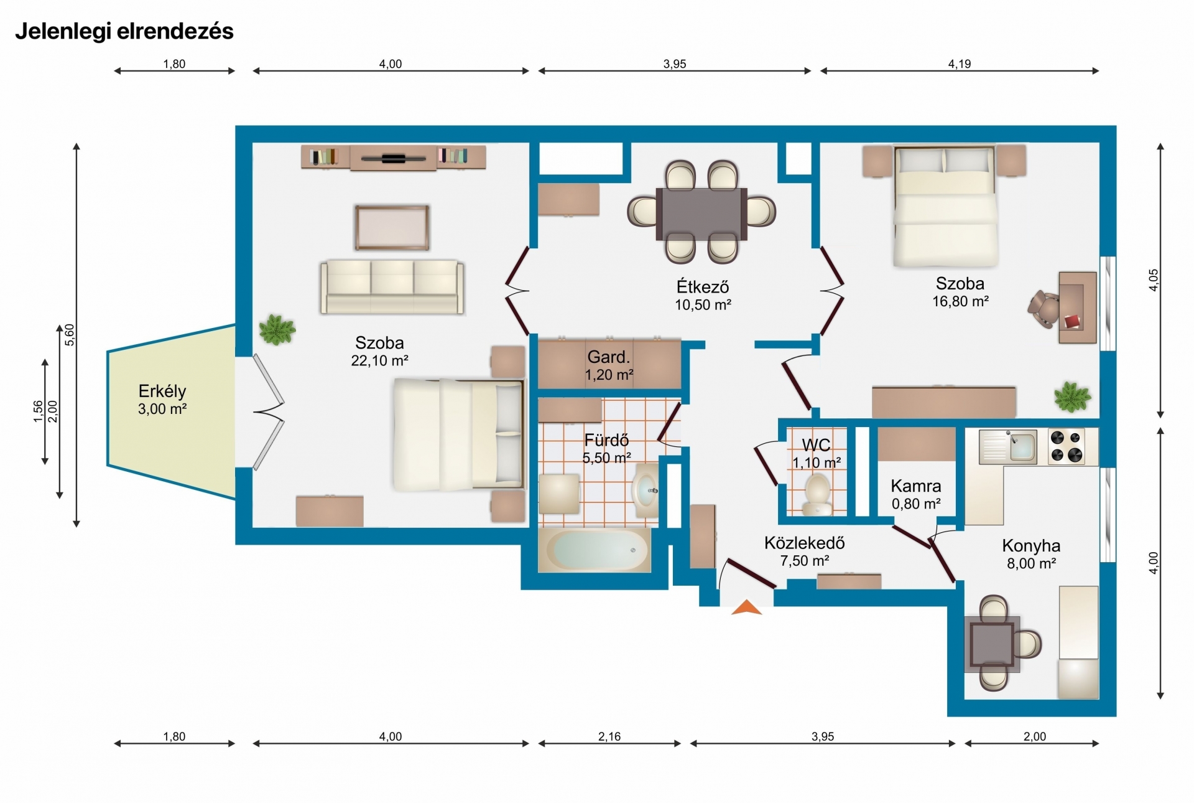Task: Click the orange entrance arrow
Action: (x=747, y=607)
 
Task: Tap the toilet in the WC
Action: (x=817, y=494)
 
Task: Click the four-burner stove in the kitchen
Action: (x=1067, y=446)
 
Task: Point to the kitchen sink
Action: (x=1008, y=446)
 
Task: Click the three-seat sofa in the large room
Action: (x=392, y=286)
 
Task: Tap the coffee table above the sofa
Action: (x=392, y=227)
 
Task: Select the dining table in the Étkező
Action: (x=701, y=214)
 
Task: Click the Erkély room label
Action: (x=162, y=391)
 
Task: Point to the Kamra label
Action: (x=916, y=486)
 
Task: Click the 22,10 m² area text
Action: (x=379, y=360)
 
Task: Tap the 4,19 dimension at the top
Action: (x=960, y=63)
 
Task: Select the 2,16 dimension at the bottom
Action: (x=609, y=736)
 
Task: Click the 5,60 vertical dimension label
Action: (x=70, y=335)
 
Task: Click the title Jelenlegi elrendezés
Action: (x=124, y=31)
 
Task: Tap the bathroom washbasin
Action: (x=646, y=490)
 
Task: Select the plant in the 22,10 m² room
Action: (x=277, y=329)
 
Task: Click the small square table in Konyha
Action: (x=993, y=644)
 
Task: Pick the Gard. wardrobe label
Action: (x=609, y=357)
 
